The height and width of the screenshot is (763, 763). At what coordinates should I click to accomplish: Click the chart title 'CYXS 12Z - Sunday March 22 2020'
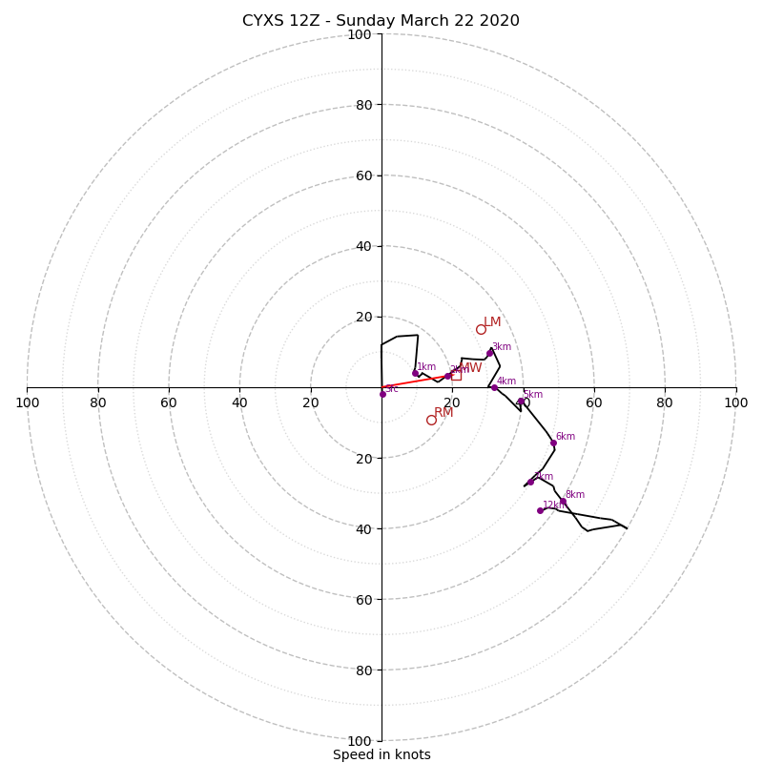381,21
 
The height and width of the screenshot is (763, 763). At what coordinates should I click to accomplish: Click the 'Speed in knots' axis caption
381,754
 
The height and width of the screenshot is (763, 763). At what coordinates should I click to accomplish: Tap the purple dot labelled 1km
415,373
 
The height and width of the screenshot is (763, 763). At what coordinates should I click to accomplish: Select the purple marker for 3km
490,353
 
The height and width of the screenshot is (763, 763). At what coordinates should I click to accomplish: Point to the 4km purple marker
494,387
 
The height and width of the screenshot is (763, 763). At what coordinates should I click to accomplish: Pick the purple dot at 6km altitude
553,443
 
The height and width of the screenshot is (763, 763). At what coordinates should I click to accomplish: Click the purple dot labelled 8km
563,502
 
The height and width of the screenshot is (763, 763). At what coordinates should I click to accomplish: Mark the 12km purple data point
540,510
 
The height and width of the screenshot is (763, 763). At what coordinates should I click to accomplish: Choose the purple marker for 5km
521,401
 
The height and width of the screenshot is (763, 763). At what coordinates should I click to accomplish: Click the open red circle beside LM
481,330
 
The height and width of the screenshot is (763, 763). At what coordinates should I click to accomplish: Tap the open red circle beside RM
431,420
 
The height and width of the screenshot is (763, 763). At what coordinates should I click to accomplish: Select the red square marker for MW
456,375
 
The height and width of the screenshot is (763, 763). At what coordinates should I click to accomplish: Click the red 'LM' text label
492,322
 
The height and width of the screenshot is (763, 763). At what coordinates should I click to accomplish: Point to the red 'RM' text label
443,413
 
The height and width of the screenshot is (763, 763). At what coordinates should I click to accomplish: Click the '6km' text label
566,437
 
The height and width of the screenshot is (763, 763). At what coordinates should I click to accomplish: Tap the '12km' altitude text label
554,505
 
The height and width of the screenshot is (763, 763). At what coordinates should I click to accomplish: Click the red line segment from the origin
415,381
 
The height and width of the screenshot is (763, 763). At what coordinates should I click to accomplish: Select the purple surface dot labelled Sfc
382,394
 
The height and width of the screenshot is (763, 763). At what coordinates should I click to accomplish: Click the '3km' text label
502,347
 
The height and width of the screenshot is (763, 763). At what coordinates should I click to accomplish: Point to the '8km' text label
575,495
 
